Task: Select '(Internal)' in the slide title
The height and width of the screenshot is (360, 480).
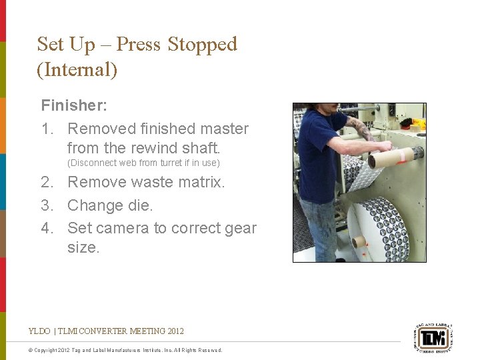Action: click(77, 70)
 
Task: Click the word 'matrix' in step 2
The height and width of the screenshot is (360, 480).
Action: click(199, 182)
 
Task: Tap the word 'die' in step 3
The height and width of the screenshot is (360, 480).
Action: click(141, 205)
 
